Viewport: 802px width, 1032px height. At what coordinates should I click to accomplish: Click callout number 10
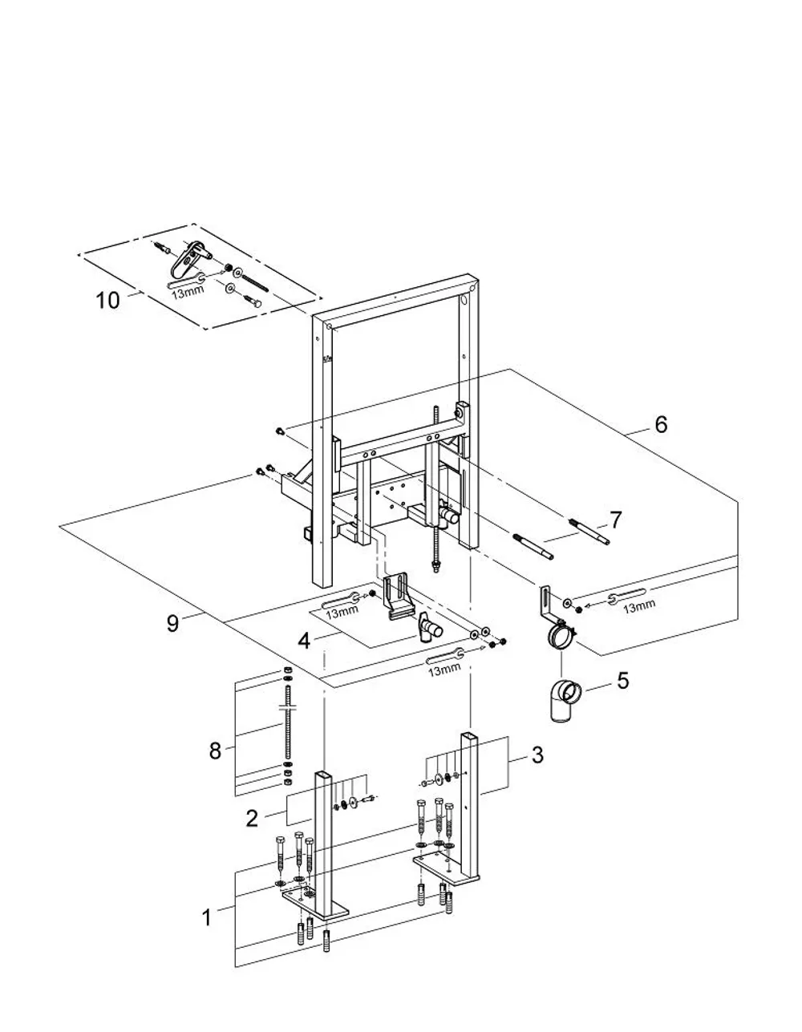tap(107, 300)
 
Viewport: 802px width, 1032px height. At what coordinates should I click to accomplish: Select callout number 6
tap(661, 424)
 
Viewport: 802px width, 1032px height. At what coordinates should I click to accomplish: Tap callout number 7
tap(615, 520)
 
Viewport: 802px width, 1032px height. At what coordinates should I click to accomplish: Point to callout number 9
tap(172, 623)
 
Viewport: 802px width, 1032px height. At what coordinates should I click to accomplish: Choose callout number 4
tap(304, 641)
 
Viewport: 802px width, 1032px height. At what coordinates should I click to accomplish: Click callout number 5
tap(623, 681)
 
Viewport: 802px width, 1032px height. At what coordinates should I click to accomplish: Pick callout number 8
tap(215, 751)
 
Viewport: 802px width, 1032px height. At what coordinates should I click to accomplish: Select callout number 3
tap(537, 755)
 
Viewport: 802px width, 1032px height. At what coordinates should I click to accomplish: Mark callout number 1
tap(207, 918)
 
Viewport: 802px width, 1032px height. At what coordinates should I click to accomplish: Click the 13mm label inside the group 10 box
tap(188, 292)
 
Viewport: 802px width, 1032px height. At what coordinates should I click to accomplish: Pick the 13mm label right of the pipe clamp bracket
tap(639, 606)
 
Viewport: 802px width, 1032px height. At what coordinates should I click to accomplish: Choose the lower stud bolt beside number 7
tap(533, 547)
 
